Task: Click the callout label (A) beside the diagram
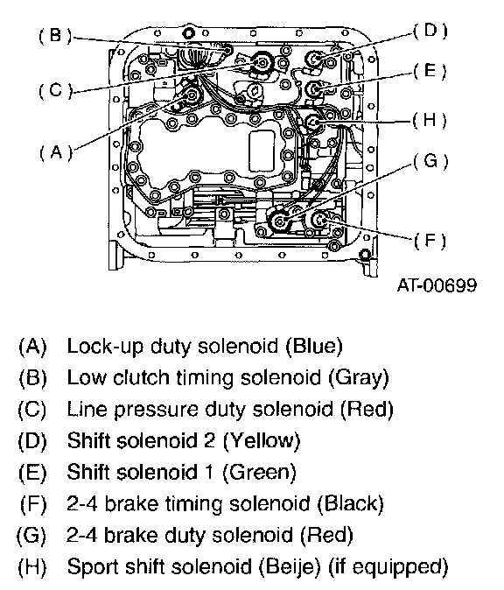[x=56, y=152]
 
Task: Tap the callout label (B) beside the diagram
[x=55, y=36]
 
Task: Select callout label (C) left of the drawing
[x=55, y=91]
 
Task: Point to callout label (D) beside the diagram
[x=430, y=31]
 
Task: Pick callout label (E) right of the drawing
[x=430, y=71]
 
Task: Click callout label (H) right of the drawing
[x=430, y=121]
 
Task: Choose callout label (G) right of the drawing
[x=430, y=161]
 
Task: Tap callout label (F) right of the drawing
[x=430, y=240]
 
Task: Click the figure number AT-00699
[x=437, y=284]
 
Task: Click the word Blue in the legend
[x=314, y=346]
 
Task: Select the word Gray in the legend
[x=359, y=377]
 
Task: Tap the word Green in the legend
[x=260, y=472]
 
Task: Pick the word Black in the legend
[x=351, y=503]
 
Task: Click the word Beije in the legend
[x=290, y=566]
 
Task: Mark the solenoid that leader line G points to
[x=279, y=221]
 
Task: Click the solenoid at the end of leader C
[x=261, y=63]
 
